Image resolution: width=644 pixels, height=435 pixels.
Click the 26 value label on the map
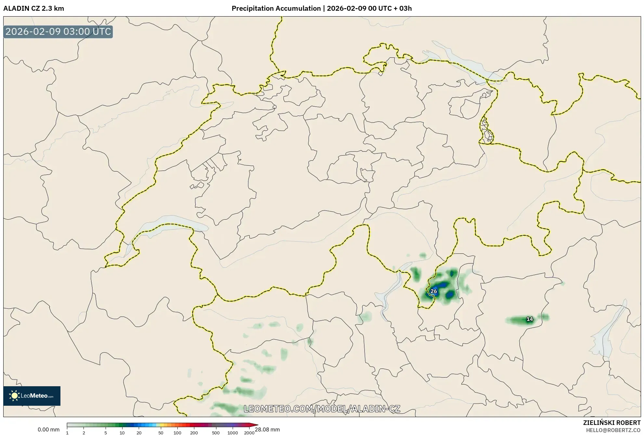[433, 291]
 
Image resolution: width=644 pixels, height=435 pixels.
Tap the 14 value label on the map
[530, 319]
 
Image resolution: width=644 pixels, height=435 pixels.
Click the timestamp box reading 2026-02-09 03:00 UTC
[58, 32]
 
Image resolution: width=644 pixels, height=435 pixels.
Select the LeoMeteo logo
[32, 396]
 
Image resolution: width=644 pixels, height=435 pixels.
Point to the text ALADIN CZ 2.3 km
[34, 8]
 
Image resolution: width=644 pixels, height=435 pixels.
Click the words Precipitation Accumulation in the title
[276, 8]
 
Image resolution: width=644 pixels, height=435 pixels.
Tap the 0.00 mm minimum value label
[48, 429]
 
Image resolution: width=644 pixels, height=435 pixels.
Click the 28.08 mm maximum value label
[267, 429]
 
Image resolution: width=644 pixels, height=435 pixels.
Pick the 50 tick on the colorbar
[161, 433]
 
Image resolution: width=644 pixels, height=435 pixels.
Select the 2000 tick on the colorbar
[249, 433]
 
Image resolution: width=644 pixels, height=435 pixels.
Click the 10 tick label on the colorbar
[122, 433]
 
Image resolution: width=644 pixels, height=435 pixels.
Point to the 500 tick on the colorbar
[216, 433]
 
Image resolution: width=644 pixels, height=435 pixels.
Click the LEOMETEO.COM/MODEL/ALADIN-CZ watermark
[322, 409]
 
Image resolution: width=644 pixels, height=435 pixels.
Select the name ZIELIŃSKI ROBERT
[612, 423]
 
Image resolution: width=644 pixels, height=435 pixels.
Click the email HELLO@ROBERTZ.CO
[613, 430]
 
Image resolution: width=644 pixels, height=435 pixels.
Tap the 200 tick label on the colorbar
[194, 433]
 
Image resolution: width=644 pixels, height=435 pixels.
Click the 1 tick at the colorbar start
[67, 433]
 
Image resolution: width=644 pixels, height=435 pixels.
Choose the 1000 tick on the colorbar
[233, 433]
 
